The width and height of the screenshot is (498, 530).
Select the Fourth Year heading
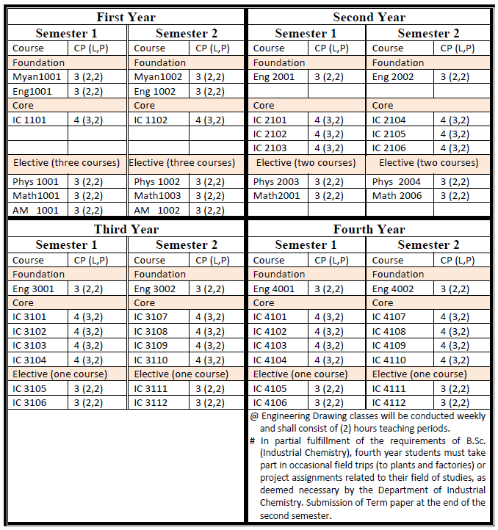click(x=369, y=229)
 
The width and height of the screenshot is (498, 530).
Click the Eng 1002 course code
click(x=155, y=92)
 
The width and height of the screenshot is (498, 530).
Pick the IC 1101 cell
click(x=29, y=120)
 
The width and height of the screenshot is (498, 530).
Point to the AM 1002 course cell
click(x=156, y=210)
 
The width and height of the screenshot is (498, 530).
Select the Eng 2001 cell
click(x=274, y=77)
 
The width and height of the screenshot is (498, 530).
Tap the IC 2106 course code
click(x=389, y=148)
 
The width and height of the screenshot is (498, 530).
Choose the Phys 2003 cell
click(x=276, y=181)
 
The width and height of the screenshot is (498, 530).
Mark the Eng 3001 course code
click(x=34, y=288)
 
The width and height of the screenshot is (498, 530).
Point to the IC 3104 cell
click(x=29, y=360)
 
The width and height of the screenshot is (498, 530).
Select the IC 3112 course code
click(x=151, y=403)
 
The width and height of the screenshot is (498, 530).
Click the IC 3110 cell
click(x=151, y=360)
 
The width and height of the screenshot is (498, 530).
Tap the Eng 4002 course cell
click(x=393, y=288)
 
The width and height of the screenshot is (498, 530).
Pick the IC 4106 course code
click(x=270, y=403)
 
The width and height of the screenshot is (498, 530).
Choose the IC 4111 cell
click(x=389, y=388)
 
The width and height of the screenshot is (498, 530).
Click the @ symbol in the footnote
click(x=254, y=416)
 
